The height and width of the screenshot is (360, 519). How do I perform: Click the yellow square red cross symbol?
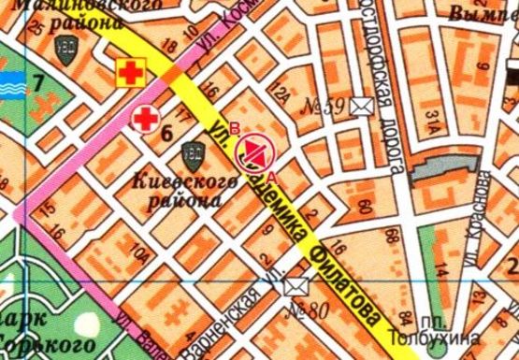(x=129, y=70)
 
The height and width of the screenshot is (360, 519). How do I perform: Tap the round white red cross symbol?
(x=144, y=119)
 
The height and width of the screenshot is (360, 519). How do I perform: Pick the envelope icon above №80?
(x=296, y=287)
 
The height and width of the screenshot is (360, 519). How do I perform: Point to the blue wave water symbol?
(x=12, y=80)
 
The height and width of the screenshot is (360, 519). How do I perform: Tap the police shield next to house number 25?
(x=65, y=54)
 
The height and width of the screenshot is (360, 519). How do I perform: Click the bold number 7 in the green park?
(x=38, y=81)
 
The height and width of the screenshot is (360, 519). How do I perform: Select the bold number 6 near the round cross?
(x=167, y=132)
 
